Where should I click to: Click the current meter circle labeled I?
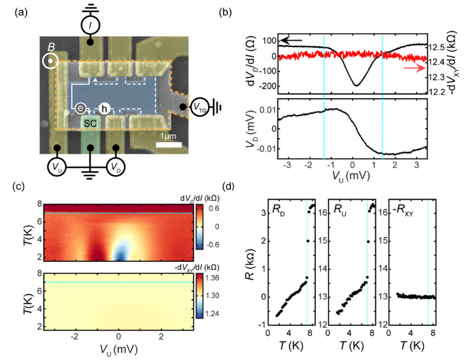tap(90, 26)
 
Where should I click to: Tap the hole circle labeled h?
tap(105, 106)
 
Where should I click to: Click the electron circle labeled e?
tap(81, 108)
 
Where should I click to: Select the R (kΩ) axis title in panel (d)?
tap(248, 264)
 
